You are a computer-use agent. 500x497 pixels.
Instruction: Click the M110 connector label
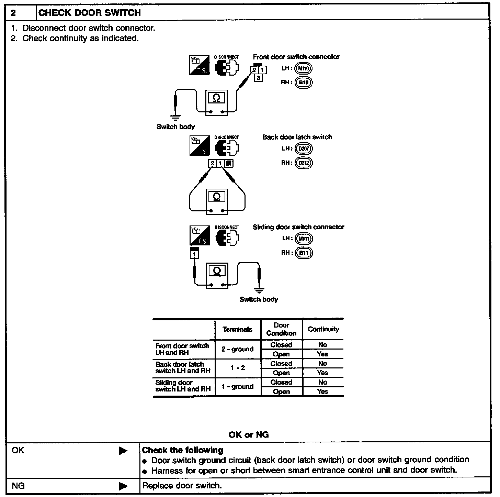tap(304, 68)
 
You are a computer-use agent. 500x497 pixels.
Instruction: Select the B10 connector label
tap(304, 82)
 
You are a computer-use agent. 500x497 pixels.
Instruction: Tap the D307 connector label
tap(304, 149)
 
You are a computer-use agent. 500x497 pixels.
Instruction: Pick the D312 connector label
tap(304, 163)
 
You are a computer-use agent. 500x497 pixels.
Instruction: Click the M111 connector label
tap(304, 239)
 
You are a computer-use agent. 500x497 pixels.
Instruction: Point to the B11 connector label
tap(304, 253)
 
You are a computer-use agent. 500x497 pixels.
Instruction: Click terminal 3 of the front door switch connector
tap(258, 78)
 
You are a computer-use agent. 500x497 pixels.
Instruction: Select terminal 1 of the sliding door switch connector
tap(194, 255)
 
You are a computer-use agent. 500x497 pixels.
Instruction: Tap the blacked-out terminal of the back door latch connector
tap(229, 163)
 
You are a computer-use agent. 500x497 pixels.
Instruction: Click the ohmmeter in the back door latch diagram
tap(217, 201)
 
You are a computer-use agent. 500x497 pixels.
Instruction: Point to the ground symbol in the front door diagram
tap(175, 118)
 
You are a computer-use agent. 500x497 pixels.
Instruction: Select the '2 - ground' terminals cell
tap(238, 349)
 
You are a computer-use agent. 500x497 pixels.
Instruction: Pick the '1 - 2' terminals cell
tap(238, 368)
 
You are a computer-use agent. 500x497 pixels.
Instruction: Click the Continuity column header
tap(323, 329)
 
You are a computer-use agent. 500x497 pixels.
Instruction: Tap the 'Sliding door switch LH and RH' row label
tap(183, 386)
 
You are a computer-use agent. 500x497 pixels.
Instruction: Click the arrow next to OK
tap(123, 451)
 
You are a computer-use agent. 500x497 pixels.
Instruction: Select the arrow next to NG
tap(123, 486)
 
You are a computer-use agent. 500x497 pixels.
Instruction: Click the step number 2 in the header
tap(13, 13)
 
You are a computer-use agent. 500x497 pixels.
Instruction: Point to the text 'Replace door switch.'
tap(182, 486)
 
